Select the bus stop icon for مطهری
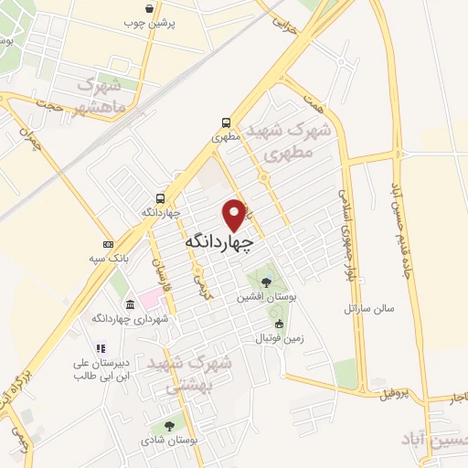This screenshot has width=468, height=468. point(226,122)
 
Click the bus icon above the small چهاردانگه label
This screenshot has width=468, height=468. point(161,197)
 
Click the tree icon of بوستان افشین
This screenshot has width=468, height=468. point(266,282)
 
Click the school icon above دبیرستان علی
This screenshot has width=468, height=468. point(101,348)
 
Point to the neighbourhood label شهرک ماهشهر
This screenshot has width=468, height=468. point(107,99)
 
